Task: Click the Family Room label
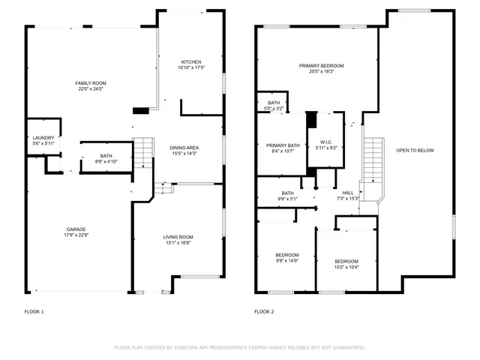(90, 82)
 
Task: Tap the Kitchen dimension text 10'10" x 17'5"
(191, 68)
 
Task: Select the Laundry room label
(43, 137)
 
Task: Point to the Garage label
(76, 229)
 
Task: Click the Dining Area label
(184, 148)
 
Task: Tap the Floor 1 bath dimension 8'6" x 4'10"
(106, 161)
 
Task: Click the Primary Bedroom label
(316, 66)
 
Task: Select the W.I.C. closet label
(326, 142)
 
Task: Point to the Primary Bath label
(283, 145)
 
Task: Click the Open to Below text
(415, 151)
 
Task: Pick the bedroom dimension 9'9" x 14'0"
(287, 260)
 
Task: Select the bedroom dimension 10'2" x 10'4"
(346, 267)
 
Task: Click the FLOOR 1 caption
(34, 311)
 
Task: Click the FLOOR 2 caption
(264, 311)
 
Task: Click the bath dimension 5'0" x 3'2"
(274, 109)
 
